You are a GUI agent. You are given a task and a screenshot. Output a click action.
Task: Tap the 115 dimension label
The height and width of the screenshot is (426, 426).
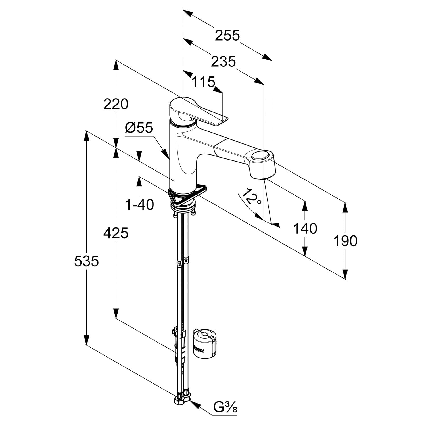point(203,82)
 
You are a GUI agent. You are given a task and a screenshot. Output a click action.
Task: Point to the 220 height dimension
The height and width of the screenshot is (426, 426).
point(116,104)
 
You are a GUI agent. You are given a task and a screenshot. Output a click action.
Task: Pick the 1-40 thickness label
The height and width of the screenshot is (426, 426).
point(139,204)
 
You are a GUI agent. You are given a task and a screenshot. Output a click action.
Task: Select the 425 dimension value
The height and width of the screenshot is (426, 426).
point(116,233)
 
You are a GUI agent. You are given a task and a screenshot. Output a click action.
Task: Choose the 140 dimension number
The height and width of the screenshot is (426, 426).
point(305,228)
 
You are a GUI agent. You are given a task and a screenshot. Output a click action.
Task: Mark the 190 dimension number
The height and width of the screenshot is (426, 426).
point(345,241)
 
